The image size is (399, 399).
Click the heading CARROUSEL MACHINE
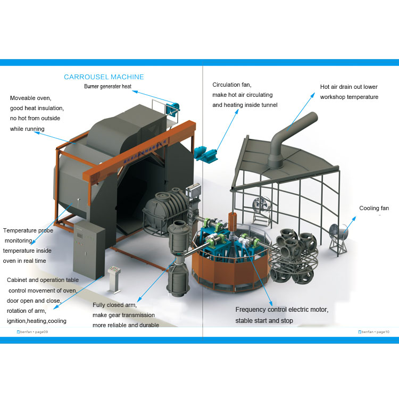click(x=104, y=77)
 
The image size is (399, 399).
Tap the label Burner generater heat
click(x=107, y=86)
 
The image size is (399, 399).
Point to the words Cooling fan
click(x=374, y=208)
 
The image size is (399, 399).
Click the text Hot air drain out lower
click(x=348, y=87)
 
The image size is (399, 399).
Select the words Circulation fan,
click(x=232, y=85)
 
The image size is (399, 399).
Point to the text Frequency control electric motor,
click(x=282, y=310)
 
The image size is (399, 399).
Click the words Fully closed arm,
click(x=115, y=305)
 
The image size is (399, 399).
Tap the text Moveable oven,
click(x=30, y=98)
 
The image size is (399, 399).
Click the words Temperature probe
click(x=28, y=230)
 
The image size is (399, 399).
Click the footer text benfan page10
click(x=374, y=331)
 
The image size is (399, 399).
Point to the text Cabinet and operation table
click(x=43, y=280)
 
